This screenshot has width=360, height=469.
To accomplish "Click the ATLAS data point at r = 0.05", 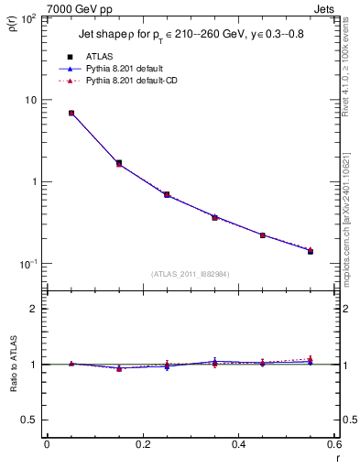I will tap(71, 114).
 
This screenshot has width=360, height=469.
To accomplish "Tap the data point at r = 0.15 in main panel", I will tap(119, 163).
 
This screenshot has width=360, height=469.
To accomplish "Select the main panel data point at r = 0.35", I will tap(214, 217).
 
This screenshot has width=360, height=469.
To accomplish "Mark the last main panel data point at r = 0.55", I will tap(310, 250).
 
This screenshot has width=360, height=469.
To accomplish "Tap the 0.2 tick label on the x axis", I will tap(143, 444).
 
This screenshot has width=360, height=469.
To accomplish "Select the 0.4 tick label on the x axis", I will tap(238, 444).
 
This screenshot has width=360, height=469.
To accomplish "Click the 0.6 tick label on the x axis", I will tap(333, 444).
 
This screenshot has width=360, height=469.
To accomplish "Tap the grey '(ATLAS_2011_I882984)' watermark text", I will tap(191, 274).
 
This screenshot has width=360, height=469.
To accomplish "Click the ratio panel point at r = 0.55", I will tap(310, 361).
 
